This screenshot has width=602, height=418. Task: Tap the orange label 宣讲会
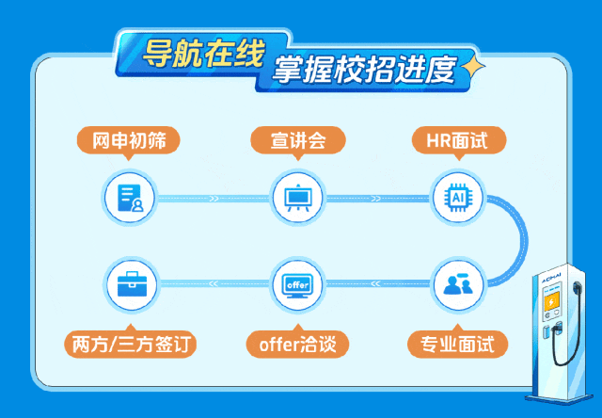click(x=298, y=141)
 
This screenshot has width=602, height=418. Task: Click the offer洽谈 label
click(x=298, y=344)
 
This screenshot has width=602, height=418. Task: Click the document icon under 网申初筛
click(x=129, y=198)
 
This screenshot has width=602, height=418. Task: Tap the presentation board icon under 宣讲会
click(x=297, y=198)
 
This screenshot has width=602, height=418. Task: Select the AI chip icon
click(x=459, y=198)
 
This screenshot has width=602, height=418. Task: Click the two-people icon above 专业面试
click(x=459, y=282)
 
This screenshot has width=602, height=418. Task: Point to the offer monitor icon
click(x=297, y=282)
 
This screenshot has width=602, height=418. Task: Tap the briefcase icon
click(x=129, y=282)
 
